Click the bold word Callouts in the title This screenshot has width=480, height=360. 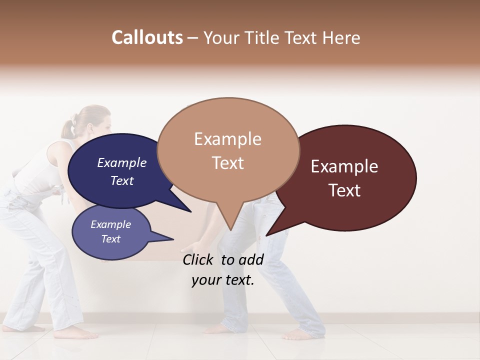coord(147,37)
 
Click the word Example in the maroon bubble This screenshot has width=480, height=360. coord(344,166)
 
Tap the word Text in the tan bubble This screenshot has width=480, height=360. coord(228,163)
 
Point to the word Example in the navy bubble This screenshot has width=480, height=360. coord(122,163)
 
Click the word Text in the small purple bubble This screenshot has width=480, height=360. coord(111,239)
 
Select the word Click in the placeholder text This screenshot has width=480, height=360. coord(199,259)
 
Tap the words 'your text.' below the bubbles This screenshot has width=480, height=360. coord(223,280)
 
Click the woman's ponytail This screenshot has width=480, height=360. coord(67,128)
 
